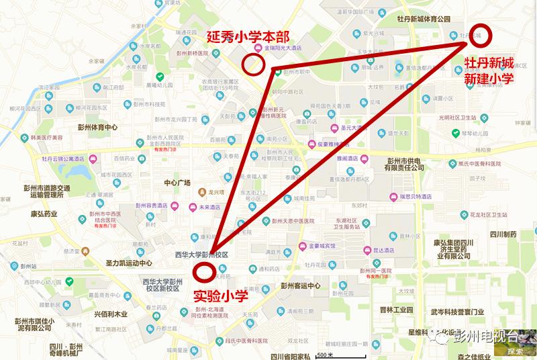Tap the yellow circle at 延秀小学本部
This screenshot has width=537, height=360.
click(253, 64)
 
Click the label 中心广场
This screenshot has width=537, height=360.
click(173, 183)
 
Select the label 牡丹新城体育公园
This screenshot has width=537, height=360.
click(424, 19)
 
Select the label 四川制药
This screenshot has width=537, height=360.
click(502, 234)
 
